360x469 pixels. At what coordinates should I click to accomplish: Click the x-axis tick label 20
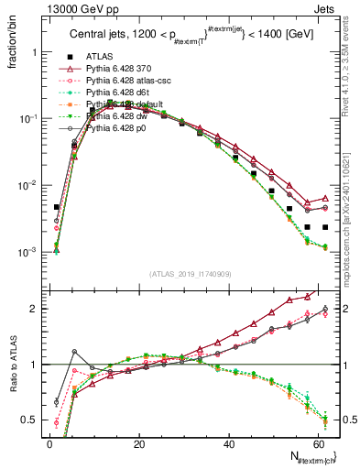tap(138, 443)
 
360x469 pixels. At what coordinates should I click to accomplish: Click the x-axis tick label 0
tap(49, 443)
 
